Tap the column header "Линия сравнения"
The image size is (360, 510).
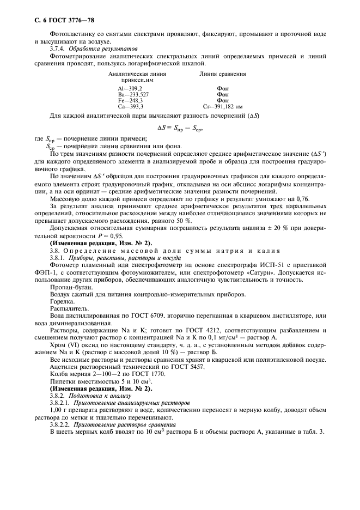coord(223,73)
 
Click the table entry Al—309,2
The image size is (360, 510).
coord(130,88)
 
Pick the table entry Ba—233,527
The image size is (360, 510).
coord(133,94)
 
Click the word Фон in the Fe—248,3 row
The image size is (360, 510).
coord(223,101)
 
